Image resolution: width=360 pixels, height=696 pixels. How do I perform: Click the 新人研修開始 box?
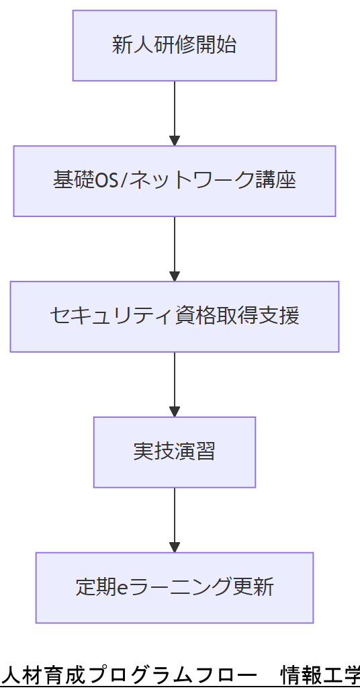point(175,46)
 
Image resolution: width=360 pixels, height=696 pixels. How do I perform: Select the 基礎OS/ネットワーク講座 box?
point(175,181)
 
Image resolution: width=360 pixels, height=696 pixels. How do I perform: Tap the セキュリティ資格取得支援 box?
point(175,316)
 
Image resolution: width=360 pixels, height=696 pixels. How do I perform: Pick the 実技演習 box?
point(175,452)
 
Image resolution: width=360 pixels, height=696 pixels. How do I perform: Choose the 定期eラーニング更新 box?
point(175,588)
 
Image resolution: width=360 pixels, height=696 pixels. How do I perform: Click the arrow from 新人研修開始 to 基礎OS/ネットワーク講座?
point(175,111)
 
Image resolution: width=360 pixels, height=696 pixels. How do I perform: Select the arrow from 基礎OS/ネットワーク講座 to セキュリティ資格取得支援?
point(175,247)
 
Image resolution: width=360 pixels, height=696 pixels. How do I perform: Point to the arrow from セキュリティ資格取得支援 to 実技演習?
point(175,382)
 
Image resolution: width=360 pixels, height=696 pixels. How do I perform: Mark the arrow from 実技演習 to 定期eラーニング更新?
point(175,517)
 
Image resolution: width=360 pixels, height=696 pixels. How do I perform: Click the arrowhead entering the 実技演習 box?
point(175,412)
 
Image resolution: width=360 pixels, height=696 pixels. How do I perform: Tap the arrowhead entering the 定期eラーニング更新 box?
point(175,548)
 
